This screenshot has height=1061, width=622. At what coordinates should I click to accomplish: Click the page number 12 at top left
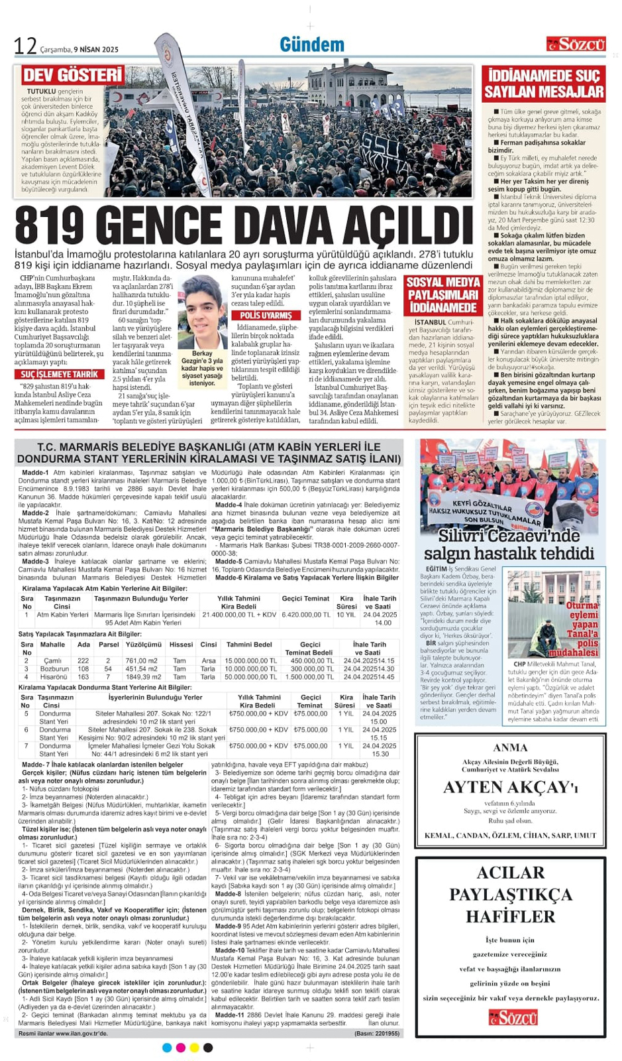(x=25, y=46)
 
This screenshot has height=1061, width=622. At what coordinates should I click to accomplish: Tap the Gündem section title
(x=312, y=44)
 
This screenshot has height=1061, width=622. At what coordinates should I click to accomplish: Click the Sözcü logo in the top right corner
(x=576, y=44)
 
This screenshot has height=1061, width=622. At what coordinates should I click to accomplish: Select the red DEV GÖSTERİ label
(x=72, y=74)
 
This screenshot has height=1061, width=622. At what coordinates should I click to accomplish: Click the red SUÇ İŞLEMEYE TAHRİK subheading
(x=59, y=374)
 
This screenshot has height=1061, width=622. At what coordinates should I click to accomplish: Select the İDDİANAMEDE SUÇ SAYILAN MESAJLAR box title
(x=543, y=84)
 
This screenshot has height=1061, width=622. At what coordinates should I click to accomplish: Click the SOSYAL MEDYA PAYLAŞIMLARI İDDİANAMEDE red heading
(x=443, y=295)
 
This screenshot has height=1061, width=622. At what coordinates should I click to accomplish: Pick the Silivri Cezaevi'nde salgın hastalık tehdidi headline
(x=509, y=544)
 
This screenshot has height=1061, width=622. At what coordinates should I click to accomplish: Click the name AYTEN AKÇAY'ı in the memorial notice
(x=511, y=787)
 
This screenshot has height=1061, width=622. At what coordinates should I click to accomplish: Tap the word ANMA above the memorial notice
(x=511, y=747)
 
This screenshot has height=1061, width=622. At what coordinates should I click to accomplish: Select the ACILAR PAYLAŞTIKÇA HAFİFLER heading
(x=511, y=894)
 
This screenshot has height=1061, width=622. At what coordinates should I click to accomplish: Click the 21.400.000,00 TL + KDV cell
(x=239, y=615)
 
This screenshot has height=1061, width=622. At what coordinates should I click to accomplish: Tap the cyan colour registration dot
(x=167, y=1048)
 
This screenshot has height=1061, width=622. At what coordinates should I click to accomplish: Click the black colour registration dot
(x=208, y=1048)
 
